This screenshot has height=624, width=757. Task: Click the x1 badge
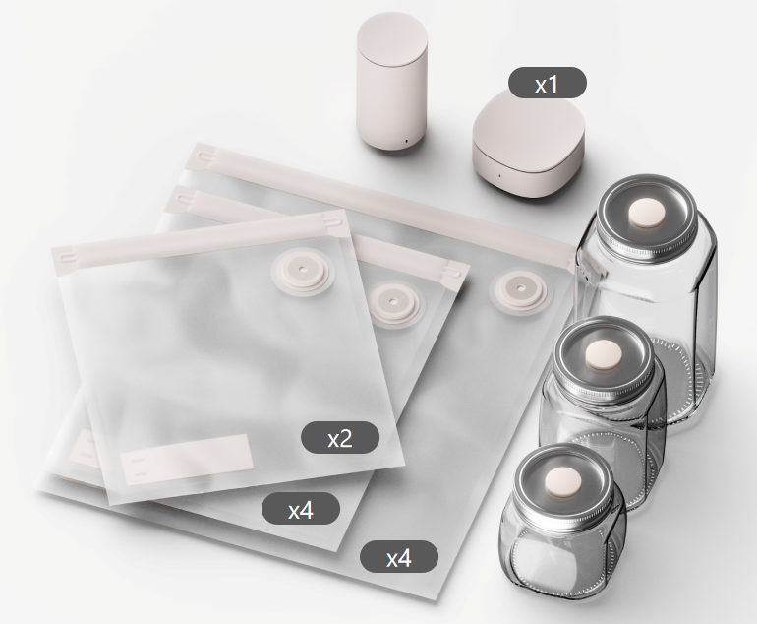(x=547, y=83)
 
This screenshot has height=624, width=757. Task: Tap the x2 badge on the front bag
(x=340, y=437)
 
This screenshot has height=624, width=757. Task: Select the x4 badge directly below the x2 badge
(x=301, y=509)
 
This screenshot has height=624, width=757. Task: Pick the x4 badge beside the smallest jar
(x=399, y=557)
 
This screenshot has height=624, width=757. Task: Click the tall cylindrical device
(x=392, y=82)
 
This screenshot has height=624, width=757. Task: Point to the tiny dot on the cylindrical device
(x=406, y=142)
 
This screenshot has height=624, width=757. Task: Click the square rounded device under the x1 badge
(x=529, y=144)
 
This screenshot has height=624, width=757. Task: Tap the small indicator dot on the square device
(x=499, y=175)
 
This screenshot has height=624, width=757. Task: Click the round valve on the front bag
(x=302, y=269)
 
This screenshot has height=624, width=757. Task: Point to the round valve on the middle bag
(x=392, y=302)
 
